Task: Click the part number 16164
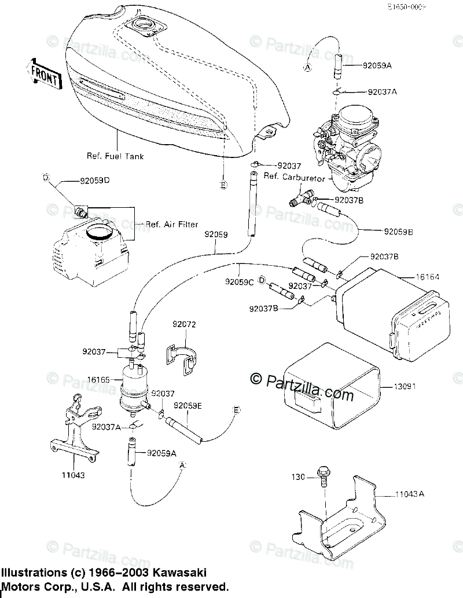tap(428, 277)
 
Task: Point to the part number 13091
tap(406, 386)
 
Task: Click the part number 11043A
tap(410, 494)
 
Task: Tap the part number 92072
tap(184, 325)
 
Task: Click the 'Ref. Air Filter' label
tap(172, 224)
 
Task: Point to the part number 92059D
tap(95, 180)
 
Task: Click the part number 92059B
tap(398, 231)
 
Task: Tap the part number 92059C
tap(240, 283)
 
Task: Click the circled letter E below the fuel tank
tap(223, 185)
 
